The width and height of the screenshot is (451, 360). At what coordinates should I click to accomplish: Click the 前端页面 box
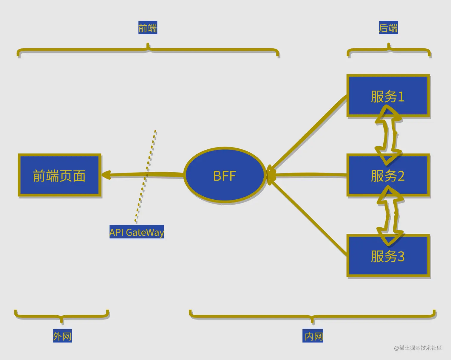pos(60,176)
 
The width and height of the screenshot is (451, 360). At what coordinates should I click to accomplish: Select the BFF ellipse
pos(225,176)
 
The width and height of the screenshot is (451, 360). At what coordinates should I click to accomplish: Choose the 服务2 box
pos(388,176)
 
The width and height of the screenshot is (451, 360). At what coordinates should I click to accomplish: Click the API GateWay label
pos(137,232)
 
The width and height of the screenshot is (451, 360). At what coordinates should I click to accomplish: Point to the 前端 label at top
pos(148,28)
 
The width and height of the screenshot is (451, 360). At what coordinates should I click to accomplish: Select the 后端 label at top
pos(388,28)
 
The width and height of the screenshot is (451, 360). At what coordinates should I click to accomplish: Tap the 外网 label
pos(62,336)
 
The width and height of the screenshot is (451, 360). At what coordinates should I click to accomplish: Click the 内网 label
pos(313,336)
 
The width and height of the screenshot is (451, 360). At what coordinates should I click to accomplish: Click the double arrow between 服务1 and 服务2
pos(388,136)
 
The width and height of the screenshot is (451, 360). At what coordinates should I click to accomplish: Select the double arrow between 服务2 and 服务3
pos(390,215)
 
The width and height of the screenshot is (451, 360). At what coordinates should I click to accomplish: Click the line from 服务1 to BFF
pos(310,133)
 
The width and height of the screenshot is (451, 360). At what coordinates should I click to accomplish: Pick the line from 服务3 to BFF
pos(310,219)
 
